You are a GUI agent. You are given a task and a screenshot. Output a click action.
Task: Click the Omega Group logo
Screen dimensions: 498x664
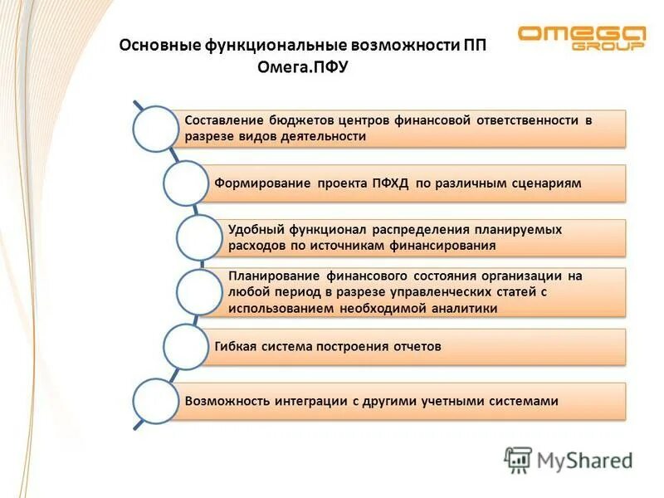[x=580, y=38]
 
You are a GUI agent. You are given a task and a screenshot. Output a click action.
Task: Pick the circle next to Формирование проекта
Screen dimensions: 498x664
[x=185, y=183]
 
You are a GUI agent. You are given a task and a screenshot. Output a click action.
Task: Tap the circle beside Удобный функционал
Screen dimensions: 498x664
[x=200, y=237]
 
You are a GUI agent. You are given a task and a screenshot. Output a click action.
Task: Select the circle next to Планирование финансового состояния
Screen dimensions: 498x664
[x=200, y=292]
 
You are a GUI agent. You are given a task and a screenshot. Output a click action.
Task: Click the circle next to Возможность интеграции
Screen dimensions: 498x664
[x=156, y=401]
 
